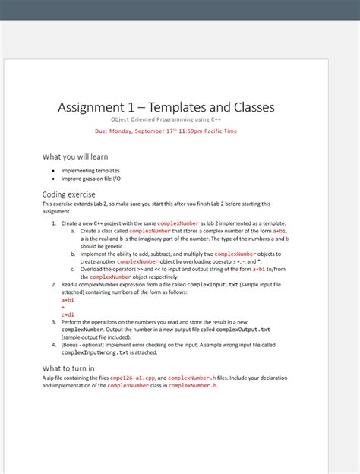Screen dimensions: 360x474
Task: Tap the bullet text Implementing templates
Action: [90, 171]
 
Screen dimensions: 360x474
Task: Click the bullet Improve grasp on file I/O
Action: [90, 179]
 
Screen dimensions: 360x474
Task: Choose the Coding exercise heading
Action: [68, 194]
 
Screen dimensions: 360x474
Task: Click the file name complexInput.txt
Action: [213, 285]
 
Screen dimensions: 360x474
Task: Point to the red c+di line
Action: [68, 314]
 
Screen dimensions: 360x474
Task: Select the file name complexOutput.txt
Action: [243, 330]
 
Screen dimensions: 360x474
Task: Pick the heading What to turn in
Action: [68, 368]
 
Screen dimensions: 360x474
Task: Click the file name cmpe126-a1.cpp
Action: [133, 378]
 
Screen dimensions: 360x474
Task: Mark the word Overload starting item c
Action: [93, 270]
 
